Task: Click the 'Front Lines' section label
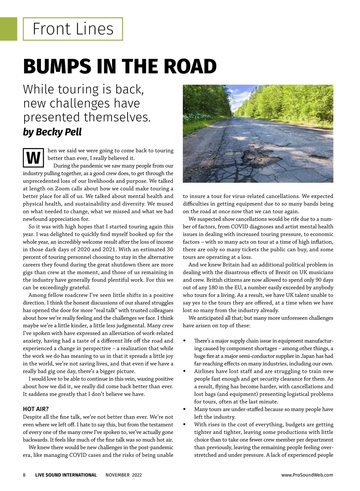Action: click(73, 29)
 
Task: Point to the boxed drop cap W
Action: click(34, 158)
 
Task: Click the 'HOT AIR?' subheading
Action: click(36, 409)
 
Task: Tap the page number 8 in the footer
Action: click(24, 475)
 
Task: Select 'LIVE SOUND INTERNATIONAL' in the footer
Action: click(66, 475)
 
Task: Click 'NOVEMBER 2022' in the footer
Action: click(124, 475)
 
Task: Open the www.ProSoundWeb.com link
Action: click(307, 475)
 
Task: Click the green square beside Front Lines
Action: click(8, 29)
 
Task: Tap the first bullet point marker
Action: click(184, 341)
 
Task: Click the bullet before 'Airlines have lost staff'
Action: click(184, 371)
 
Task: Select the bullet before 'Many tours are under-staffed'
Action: click(184, 409)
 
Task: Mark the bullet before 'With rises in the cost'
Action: click(184, 425)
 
